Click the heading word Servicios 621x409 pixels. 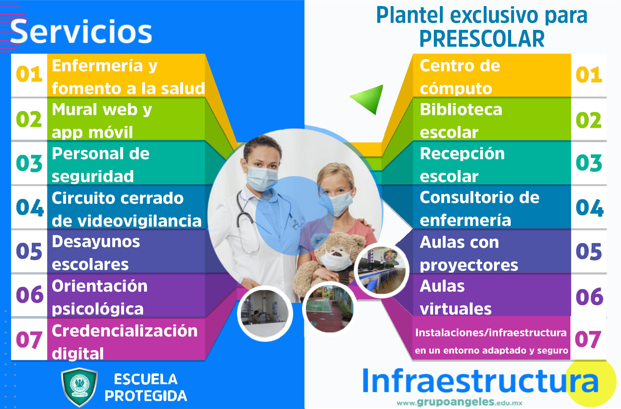click(81, 32)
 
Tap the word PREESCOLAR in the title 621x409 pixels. click(482, 39)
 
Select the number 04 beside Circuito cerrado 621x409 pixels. click(29, 208)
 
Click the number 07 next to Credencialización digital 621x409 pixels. click(29, 340)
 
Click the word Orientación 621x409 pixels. click(99, 286)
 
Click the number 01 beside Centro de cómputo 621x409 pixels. click(589, 75)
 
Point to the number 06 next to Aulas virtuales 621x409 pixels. click(589, 297)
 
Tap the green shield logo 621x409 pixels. click(79, 387)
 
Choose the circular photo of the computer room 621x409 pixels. click(382, 270)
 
